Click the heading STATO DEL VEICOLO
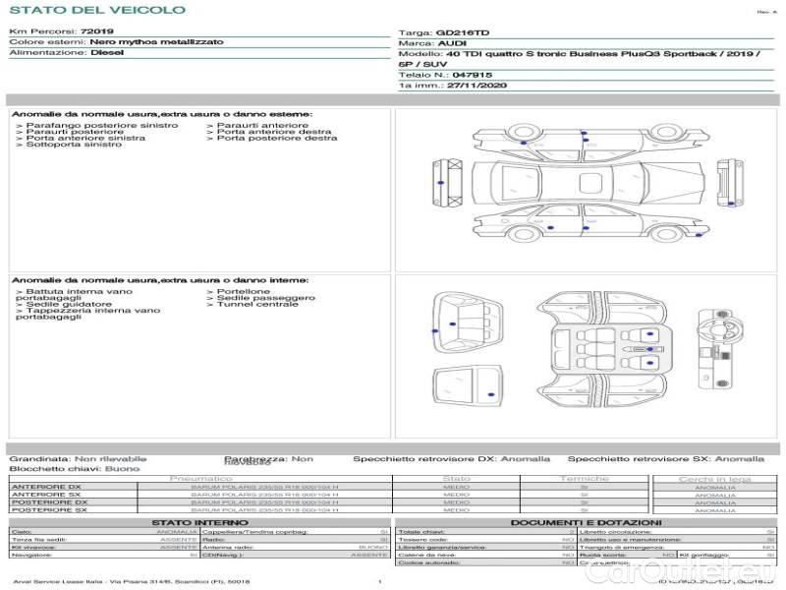[96, 11]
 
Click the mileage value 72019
[97, 32]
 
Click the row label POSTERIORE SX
[49, 510]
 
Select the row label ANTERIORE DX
[47, 487]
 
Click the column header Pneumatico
[200, 479]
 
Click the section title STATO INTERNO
[200, 522]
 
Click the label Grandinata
[38, 459]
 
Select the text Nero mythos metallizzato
[156, 43]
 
